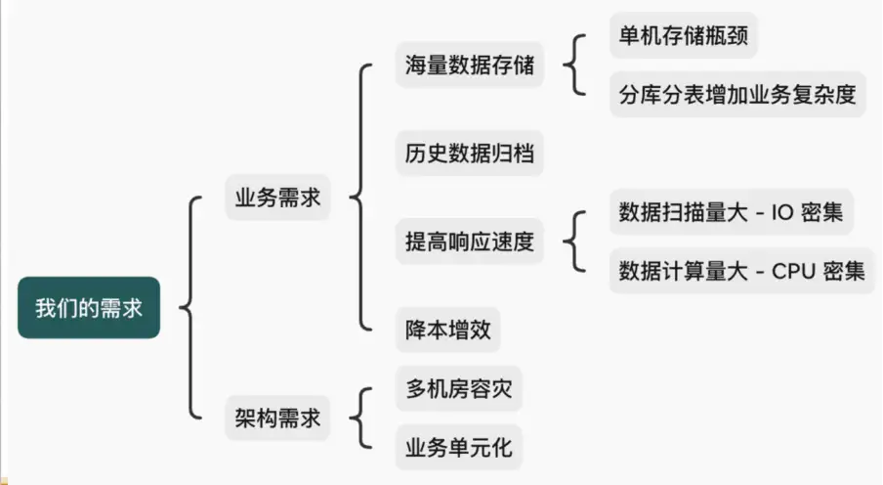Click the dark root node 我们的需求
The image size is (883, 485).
click(89, 307)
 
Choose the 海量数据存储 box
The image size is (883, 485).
click(470, 66)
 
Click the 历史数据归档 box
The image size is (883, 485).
click(470, 154)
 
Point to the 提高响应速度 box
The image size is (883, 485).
click(470, 242)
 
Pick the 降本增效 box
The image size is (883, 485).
click(448, 330)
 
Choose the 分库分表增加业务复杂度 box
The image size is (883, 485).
click(737, 95)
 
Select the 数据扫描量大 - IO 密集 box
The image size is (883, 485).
click(732, 211)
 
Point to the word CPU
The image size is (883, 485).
click(792, 272)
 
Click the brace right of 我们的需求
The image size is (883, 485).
click(189, 307)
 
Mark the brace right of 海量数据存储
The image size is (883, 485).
click(574, 66)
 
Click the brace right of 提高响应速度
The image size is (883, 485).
click(574, 242)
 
